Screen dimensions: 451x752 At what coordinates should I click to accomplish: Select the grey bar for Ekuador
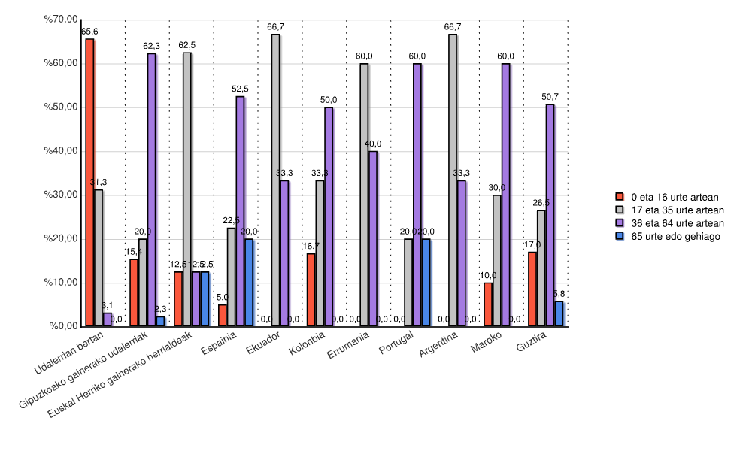tap(276, 180)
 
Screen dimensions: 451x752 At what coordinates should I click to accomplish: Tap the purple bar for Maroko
tap(505, 195)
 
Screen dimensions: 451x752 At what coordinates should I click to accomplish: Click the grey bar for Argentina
tap(453, 180)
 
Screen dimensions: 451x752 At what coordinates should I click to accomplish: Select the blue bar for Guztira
tap(559, 314)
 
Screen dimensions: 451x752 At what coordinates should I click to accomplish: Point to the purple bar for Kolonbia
tap(329, 217)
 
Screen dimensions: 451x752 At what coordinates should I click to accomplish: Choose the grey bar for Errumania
tap(364, 195)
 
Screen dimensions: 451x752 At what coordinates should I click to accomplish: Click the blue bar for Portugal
tap(426, 283)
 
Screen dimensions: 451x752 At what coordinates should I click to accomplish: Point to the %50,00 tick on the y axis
tap(62, 107)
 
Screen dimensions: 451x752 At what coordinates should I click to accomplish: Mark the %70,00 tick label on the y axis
tap(62, 19)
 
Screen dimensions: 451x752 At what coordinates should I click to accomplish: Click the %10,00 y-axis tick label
tap(62, 283)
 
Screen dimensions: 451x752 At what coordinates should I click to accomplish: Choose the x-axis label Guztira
tap(532, 347)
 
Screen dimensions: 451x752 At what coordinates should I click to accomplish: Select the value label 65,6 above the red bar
tap(89, 32)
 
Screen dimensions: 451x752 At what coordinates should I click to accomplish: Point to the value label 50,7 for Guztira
tap(550, 97)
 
